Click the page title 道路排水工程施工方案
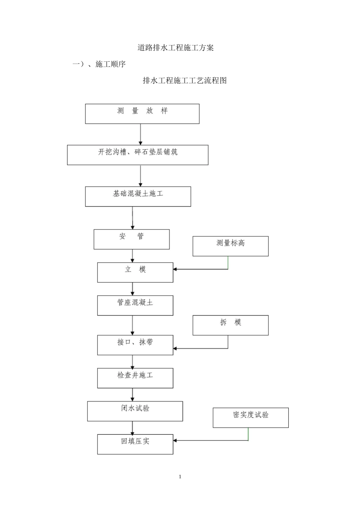click(175, 48)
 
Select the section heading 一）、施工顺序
click(99, 64)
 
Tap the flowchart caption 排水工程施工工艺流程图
click(185, 81)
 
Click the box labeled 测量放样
click(142, 114)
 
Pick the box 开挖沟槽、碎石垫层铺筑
click(138, 155)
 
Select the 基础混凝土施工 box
click(138, 196)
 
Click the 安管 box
click(131, 239)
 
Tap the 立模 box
click(135, 272)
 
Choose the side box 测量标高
click(230, 246)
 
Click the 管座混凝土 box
click(135, 305)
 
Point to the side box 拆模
click(230, 325)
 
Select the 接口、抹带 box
click(135, 345)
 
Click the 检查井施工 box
click(135, 378)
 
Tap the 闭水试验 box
click(135, 411)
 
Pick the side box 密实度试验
click(250, 417)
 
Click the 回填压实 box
click(135, 444)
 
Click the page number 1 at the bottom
click(180, 476)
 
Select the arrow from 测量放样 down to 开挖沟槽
click(141, 134)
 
